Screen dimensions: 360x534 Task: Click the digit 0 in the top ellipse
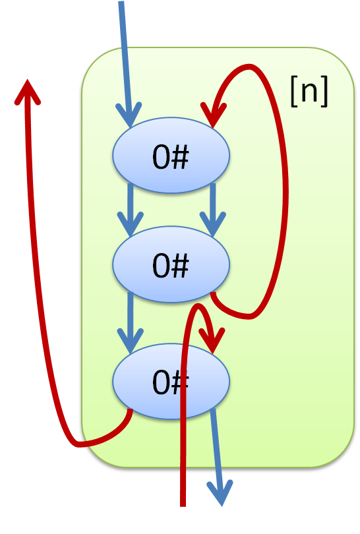click(x=161, y=157)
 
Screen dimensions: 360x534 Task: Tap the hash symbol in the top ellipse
click(x=179, y=157)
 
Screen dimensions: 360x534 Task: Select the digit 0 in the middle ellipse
click(x=161, y=266)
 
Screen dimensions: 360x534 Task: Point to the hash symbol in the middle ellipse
click(x=179, y=266)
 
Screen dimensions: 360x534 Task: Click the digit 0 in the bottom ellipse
click(x=161, y=382)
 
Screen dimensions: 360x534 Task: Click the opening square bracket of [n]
click(x=295, y=91)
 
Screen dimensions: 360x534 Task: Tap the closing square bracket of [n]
click(x=324, y=91)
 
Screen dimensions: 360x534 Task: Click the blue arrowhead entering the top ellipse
click(x=129, y=115)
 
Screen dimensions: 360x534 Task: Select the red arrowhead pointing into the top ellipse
click(x=213, y=115)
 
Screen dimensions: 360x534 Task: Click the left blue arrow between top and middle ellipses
click(x=130, y=210)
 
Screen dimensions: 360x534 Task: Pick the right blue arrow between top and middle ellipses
click(x=213, y=210)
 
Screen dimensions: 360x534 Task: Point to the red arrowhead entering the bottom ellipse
click(x=212, y=341)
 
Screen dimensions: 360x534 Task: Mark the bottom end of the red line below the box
click(x=183, y=506)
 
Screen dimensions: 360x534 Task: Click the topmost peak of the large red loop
click(x=250, y=67)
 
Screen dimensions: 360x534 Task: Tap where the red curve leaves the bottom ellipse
click(x=130, y=410)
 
